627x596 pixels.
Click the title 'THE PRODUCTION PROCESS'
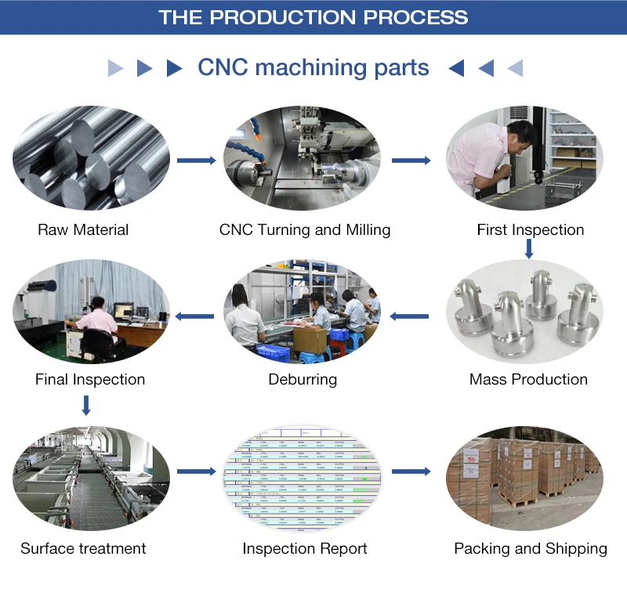313,17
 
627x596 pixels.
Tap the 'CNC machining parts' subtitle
313,67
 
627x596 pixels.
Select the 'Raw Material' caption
83,230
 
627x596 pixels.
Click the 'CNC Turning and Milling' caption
305,230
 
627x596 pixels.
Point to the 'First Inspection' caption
531,230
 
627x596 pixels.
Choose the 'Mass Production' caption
528,379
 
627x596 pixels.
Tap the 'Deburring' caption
303,379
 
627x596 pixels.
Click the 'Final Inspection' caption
90,379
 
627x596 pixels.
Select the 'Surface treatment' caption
83,548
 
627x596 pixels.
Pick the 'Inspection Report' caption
305,548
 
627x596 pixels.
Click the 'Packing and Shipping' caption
531,548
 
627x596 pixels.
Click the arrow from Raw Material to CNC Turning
196,161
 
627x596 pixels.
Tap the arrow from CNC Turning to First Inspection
411,161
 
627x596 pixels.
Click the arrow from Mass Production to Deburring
409,316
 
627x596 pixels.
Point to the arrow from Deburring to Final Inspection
194,316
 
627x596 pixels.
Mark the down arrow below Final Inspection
86,405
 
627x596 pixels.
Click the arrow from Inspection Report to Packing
411,471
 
